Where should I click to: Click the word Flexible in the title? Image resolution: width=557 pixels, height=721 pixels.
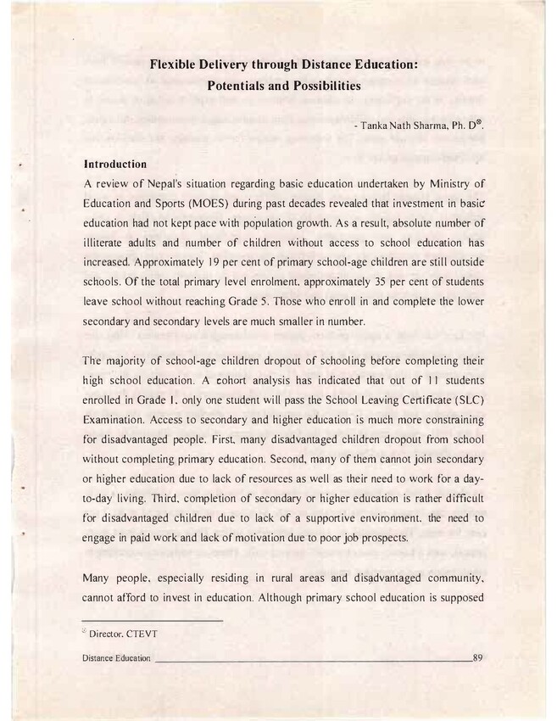175,64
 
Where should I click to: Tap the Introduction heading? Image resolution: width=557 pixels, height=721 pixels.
115,164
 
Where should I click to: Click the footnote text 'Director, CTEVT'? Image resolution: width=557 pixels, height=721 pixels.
125,634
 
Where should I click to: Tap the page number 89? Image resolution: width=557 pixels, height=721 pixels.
477,658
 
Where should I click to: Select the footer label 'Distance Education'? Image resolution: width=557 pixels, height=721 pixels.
117,659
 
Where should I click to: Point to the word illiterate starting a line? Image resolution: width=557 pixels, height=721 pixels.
108,243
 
